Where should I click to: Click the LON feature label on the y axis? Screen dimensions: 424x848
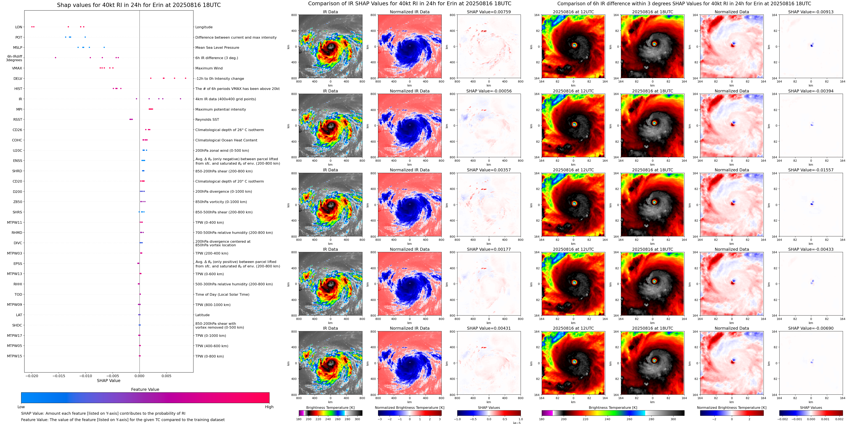coord(18,27)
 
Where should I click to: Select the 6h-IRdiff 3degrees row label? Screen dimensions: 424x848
coord(14,58)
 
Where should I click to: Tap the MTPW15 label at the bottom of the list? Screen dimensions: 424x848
coord(15,356)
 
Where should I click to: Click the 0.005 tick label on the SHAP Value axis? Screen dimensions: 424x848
coord(166,376)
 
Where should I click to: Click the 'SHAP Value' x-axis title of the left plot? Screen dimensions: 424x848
coord(109,381)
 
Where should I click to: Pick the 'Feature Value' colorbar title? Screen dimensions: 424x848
coord(145,389)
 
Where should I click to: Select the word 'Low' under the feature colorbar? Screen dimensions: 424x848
coord(21,407)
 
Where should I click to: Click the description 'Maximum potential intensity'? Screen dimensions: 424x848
coord(221,109)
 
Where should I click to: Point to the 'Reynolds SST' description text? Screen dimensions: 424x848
coord(207,119)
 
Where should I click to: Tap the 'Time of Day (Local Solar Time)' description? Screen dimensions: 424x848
coord(222,294)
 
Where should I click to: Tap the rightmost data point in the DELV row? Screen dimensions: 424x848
coord(186,78)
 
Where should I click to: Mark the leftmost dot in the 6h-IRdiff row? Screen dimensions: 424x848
coord(55,58)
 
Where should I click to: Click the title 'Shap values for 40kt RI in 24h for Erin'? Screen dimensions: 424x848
coord(139,5)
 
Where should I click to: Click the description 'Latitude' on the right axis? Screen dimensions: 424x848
coord(203,315)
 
